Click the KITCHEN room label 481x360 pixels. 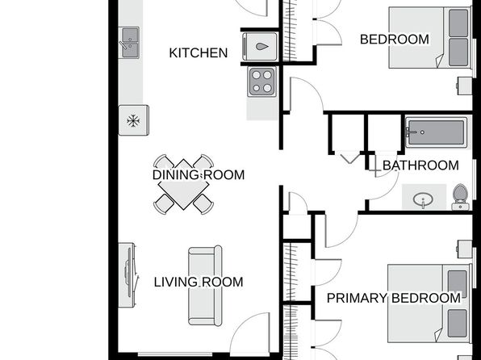tap(199, 52)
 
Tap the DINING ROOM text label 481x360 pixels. tap(199, 175)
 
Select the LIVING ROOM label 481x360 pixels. tap(199, 282)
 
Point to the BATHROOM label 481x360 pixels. tap(420, 165)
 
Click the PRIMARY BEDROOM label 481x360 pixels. tap(394, 298)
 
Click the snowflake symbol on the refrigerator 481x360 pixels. tap(133, 121)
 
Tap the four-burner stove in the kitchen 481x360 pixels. tap(262, 82)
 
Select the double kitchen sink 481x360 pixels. tap(129, 43)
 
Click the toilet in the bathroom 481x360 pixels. tap(460, 197)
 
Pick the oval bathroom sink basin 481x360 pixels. tap(424, 199)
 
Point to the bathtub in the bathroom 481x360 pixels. tap(437, 132)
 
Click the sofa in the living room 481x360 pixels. tap(205, 286)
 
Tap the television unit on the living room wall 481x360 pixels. tap(128, 275)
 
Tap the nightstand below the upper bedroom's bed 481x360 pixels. tap(464, 86)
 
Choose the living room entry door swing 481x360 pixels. tap(250, 333)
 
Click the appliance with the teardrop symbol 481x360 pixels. tap(260, 46)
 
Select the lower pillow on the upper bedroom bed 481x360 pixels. tap(458, 52)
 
